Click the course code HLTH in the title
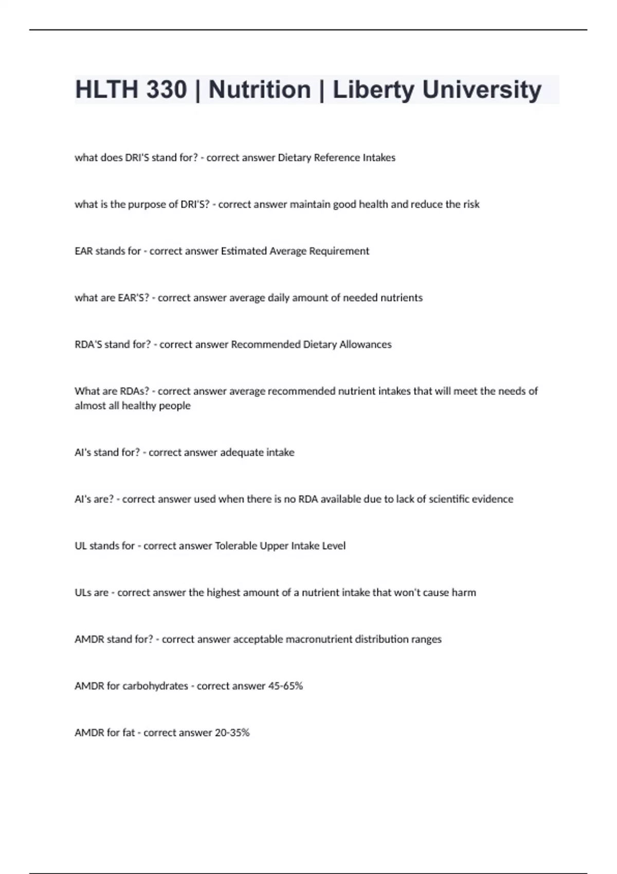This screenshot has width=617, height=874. [106, 90]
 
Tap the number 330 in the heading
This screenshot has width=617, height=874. [166, 90]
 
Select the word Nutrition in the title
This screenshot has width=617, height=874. [260, 90]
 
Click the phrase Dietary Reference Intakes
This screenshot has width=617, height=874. [336, 158]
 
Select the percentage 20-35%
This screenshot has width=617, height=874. [232, 733]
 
